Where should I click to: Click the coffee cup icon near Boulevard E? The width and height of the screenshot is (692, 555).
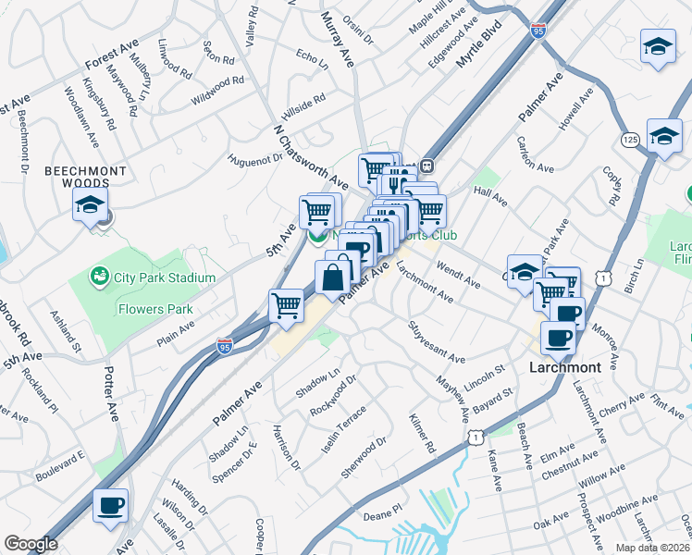tap(110, 506)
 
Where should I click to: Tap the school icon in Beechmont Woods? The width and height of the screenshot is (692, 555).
tap(91, 205)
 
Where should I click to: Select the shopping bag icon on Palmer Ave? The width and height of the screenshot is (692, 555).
tap(332, 277)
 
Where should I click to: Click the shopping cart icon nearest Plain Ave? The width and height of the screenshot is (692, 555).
tap(287, 305)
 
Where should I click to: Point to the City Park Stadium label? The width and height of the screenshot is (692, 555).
tap(165, 277)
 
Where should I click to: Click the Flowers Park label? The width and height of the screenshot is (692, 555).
tap(153, 310)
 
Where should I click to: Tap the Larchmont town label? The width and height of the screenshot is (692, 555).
tap(564, 367)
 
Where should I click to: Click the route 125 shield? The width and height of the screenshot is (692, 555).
tap(630, 140)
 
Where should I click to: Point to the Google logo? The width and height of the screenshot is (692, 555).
tap(31, 544)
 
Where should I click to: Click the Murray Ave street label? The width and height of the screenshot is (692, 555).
tap(338, 41)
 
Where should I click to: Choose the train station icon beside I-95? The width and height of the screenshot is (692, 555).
tap(426, 166)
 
